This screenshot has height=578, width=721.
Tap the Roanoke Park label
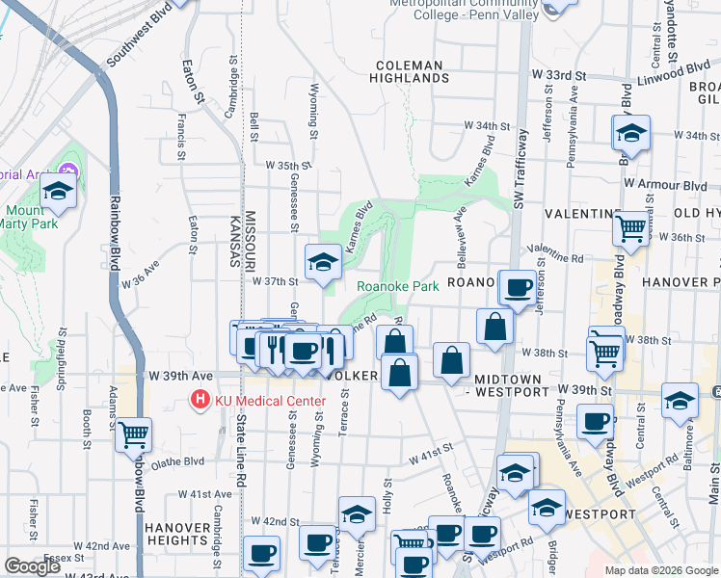[x=398, y=286]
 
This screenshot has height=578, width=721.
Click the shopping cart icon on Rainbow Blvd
[x=133, y=434]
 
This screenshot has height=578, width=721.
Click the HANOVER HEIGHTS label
[x=178, y=535]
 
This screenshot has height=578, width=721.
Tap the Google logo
[x=32, y=566]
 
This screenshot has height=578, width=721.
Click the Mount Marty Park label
[x=31, y=217]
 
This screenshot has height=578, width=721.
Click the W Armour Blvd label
[x=664, y=184]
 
